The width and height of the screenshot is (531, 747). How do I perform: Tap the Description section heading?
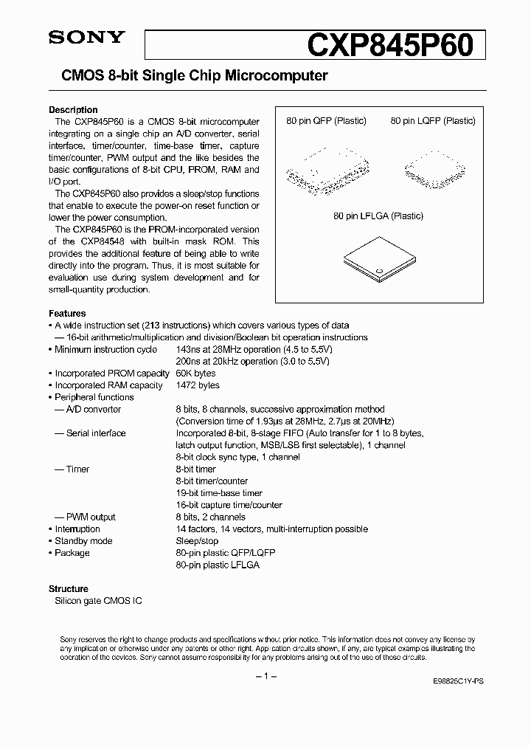coord(73,110)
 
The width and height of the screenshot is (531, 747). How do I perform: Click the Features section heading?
coord(67,313)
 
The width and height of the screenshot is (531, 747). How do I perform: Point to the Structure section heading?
coord(69,589)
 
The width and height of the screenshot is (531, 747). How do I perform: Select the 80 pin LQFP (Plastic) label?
coord(433,121)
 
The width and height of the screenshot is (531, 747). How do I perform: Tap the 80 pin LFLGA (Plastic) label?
coord(378,216)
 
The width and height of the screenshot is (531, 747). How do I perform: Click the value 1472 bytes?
coord(198,385)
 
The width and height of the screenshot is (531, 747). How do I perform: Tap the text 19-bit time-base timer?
coord(219,493)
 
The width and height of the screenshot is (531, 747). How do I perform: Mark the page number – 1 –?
coord(265,677)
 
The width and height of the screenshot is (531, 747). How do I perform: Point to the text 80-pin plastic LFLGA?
coord(218,565)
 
